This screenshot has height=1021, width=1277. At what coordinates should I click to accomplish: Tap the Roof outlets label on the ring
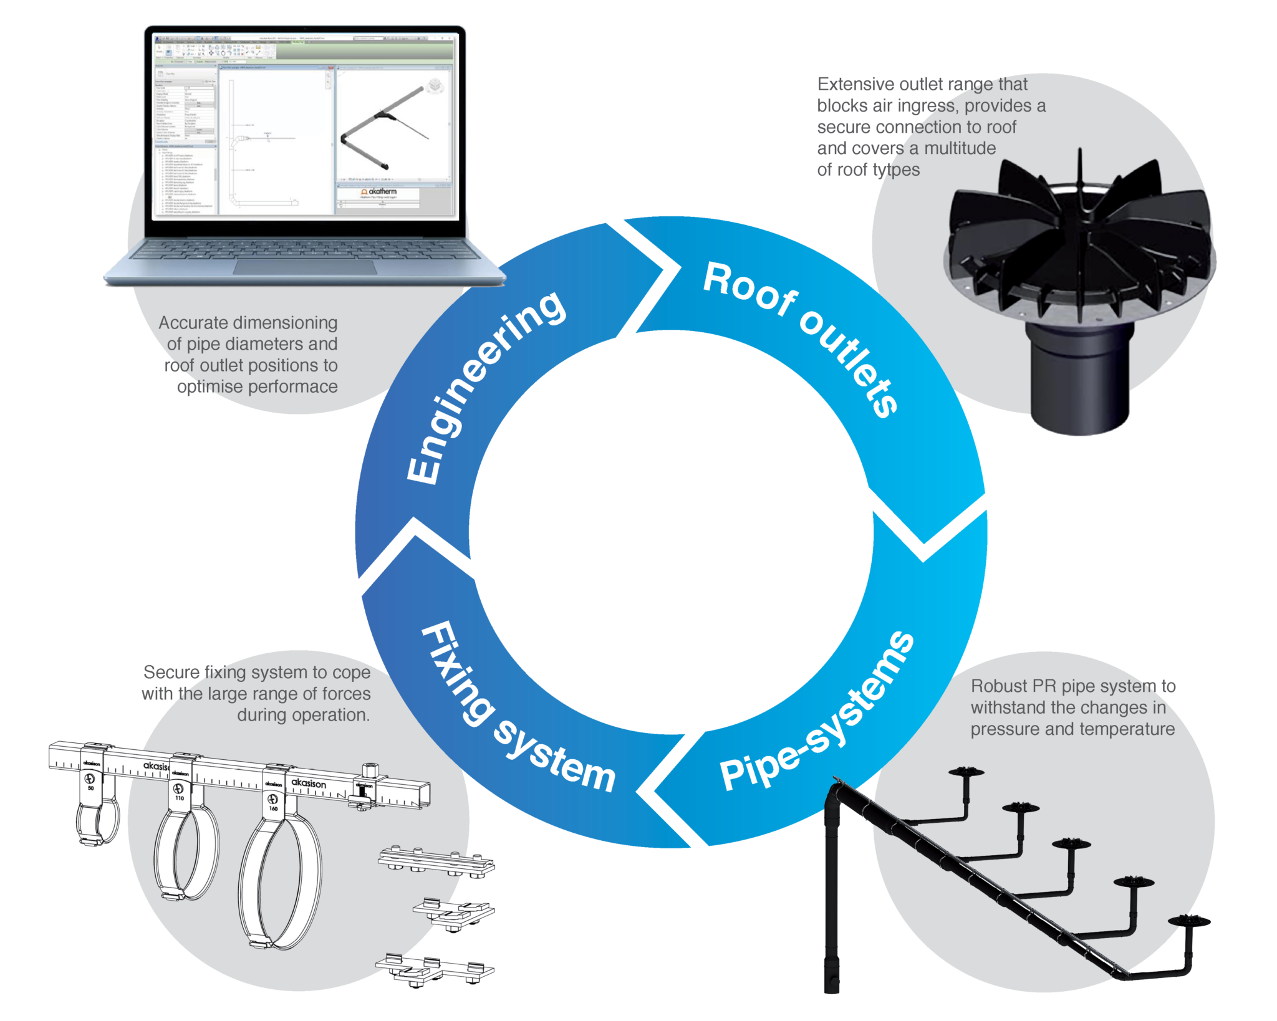pyautogui.click(x=802, y=337)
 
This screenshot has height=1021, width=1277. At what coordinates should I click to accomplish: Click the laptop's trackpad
pyautogui.click(x=305, y=267)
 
